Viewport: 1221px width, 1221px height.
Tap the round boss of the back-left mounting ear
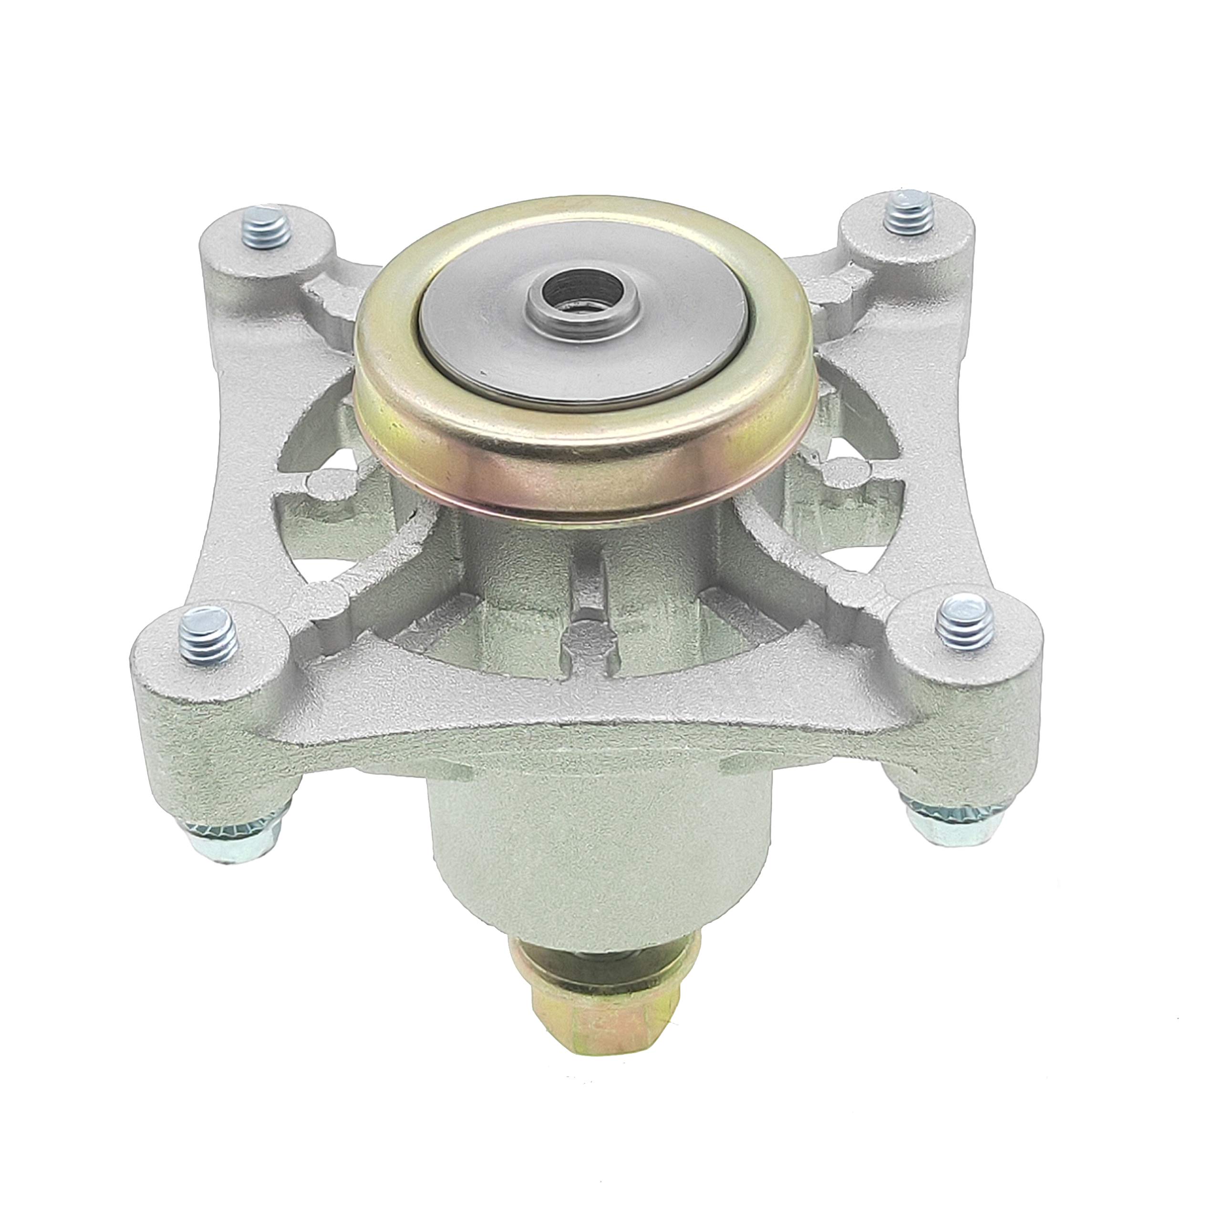click(x=266, y=266)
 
